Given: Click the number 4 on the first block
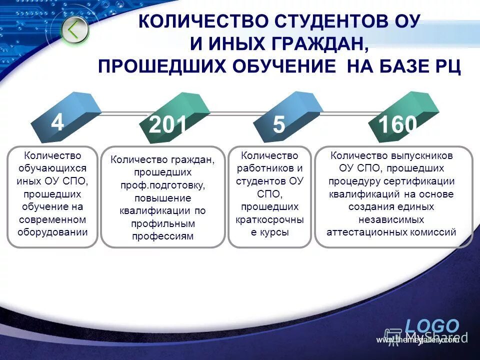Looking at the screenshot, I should click(57, 122).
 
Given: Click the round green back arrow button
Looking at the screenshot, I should click(75, 30).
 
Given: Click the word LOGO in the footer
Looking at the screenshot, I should click(431, 325).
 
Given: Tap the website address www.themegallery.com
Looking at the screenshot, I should click(417, 340).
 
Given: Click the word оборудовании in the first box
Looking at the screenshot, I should click(52, 232).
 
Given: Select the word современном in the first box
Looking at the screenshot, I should click(52, 219).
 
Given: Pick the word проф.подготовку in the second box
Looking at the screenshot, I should click(162, 185).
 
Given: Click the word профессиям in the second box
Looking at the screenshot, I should click(162, 236).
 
